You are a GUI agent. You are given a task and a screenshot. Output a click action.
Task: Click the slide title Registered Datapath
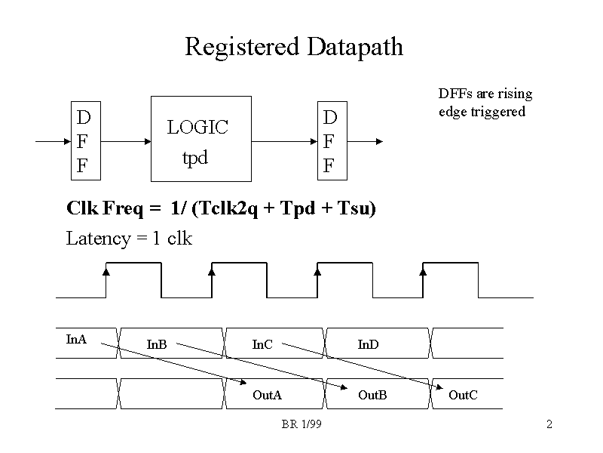(x=294, y=47)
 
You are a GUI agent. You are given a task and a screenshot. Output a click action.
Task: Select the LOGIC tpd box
(x=201, y=139)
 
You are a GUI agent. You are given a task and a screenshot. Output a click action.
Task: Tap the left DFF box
(x=84, y=141)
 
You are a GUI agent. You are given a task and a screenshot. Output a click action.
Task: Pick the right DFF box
(x=331, y=142)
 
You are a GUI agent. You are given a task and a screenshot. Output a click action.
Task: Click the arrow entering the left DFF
(x=52, y=141)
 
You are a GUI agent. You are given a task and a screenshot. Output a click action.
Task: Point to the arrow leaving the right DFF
(x=366, y=141)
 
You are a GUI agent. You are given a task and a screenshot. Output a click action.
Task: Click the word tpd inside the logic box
(x=194, y=159)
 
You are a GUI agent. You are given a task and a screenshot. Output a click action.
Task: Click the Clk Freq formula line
(x=221, y=208)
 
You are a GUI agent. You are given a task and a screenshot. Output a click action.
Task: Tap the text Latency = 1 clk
(x=129, y=239)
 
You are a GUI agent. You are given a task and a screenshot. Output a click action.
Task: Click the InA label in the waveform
(x=77, y=339)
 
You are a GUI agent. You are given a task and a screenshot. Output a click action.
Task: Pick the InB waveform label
(x=157, y=345)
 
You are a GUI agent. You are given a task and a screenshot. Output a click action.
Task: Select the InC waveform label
(x=262, y=345)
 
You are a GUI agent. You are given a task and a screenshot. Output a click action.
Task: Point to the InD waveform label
(x=368, y=345)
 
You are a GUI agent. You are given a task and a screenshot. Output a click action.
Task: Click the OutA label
(x=267, y=395)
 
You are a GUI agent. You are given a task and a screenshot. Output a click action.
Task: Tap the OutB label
(x=372, y=395)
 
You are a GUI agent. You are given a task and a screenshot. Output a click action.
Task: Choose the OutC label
(x=463, y=395)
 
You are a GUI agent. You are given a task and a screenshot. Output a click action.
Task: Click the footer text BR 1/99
(x=301, y=425)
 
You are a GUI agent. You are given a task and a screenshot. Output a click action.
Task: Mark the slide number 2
(x=549, y=425)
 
